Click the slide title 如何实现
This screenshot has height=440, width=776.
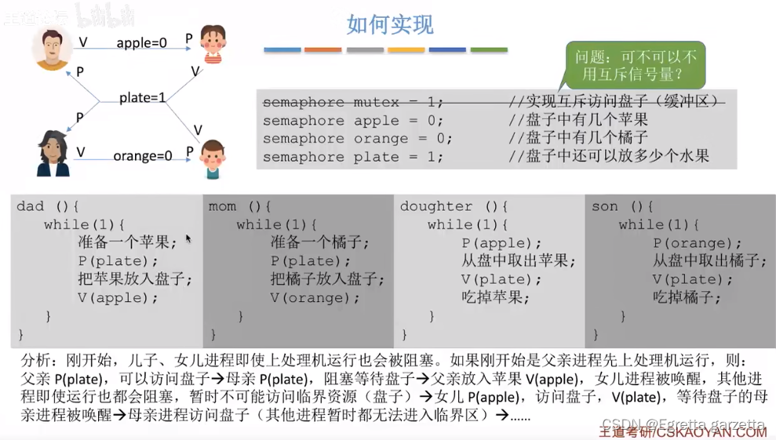pyautogui.click(x=390, y=24)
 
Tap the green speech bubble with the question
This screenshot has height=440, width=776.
pyautogui.click(x=636, y=65)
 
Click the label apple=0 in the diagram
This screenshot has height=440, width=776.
pyautogui.click(x=141, y=43)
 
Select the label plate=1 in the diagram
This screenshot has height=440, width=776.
pyautogui.click(x=143, y=98)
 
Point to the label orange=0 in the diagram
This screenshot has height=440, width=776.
pyautogui.click(x=142, y=155)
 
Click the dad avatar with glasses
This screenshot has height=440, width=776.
pyautogui.click(x=52, y=49)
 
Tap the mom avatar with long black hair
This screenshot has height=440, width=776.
pyautogui.click(x=53, y=153)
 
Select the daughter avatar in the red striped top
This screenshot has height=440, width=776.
pyautogui.click(x=212, y=43)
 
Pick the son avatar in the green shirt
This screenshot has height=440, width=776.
pyautogui.click(x=212, y=159)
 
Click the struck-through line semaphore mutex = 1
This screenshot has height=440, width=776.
pyautogui.click(x=353, y=102)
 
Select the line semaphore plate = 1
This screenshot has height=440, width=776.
pyautogui.click(x=353, y=157)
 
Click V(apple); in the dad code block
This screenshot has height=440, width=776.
pyautogui.click(x=118, y=298)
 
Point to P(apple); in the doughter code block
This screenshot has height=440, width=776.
pyautogui.click(x=501, y=243)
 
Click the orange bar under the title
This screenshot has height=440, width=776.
pyautogui.click(x=323, y=50)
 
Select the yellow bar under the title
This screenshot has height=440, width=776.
pyautogui.click(x=406, y=50)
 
